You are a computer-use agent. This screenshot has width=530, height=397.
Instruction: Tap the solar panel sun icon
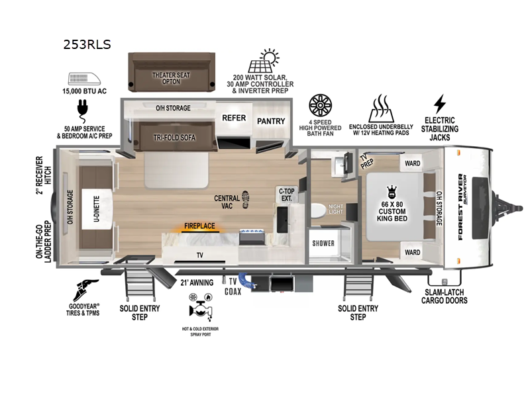[263, 61]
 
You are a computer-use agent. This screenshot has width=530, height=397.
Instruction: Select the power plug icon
[84, 108]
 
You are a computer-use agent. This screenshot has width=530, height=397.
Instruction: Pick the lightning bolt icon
[439, 104]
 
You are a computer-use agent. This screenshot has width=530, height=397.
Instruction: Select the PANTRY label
[270, 121]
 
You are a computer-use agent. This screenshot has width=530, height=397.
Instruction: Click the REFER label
[234, 118]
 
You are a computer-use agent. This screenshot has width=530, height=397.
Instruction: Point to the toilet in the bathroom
[318, 210]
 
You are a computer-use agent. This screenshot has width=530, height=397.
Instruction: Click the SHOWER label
[324, 243]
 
